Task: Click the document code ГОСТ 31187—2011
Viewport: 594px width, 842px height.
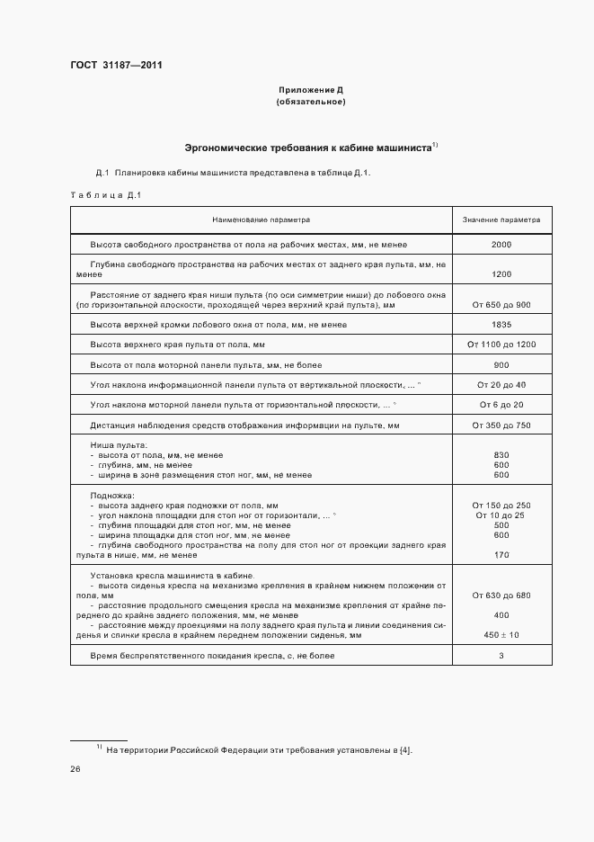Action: (x=116, y=64)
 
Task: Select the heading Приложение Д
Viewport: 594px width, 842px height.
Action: (x=311, y=91)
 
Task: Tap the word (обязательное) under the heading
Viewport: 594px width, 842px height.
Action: (x=311, y=102)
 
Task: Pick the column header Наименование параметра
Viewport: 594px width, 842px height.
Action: (x=261, y=219)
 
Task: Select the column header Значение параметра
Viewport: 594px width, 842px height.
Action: (x=501, y=219)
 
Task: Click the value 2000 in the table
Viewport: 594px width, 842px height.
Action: (x=501, y=245)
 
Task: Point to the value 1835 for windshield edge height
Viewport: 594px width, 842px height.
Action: (x=501, y=325)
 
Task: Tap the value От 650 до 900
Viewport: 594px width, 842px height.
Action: (x=501, y=305)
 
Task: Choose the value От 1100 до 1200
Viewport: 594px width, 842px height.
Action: (x=501, y=345)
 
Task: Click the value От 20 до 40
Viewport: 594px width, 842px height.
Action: (x=501, y=385)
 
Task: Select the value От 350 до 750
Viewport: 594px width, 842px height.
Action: (x=501, y=425)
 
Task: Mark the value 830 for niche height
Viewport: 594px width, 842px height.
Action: (x=501, y=455)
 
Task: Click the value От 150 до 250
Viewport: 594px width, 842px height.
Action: (x=501, y=506)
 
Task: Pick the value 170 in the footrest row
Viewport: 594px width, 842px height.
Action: (x=501, y=556)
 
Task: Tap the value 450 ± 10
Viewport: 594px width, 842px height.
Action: (x=501, y=635)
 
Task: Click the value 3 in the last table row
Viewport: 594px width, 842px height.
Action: (x=501, y=656)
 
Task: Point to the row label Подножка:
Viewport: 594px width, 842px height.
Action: (x=112, y=496)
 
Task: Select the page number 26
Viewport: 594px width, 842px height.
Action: (x=75, y=769)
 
